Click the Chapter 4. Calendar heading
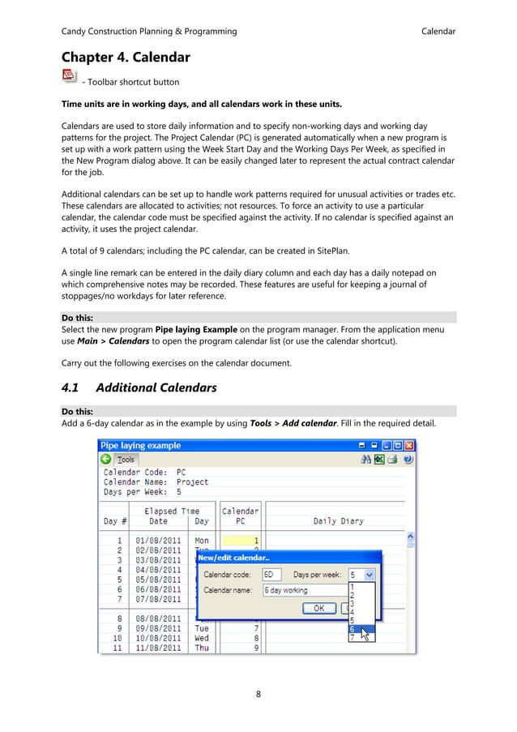click(x=126, y=58)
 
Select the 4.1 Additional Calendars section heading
click(x=139, y=387)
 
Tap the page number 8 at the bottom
click(x=258, y=694)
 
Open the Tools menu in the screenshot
click(x=126, y=460)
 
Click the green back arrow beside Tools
click(x=106, y=460)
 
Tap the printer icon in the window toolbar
click(x=392, y=460)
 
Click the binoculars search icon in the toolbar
click(x=366, y=460)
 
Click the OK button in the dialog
click(x=318, y=608)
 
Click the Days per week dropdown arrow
click(x=370, y=575)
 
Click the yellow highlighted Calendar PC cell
click(x=241, y=540)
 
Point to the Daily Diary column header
click(x=338, y=521)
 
